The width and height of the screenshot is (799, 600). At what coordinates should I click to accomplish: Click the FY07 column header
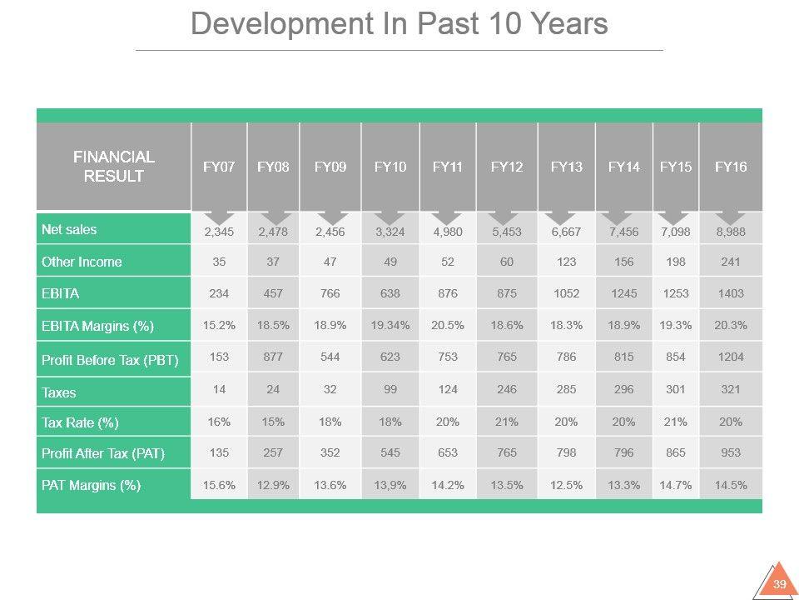[x=219, y=167]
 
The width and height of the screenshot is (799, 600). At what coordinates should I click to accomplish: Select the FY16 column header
[x=731, y=167]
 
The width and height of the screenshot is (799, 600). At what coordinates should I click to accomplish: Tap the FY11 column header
[x=448, y=167]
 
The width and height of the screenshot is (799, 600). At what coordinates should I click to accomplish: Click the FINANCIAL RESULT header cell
[x=114, y=167]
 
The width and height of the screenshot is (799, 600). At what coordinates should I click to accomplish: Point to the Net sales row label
[x=69, y=229]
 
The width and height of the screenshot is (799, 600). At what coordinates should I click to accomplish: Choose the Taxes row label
[x=58, y=392]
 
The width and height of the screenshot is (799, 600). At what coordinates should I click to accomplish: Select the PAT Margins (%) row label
[x=91, y=485]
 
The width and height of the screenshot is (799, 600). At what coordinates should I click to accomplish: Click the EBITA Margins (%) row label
[x=97, y=325]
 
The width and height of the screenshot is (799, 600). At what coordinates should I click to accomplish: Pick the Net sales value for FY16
[x=731, y=231]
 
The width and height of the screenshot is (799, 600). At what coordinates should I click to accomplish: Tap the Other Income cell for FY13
[x=567, y=262]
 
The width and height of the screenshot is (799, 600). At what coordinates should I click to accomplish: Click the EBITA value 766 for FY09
[x=330, y=293]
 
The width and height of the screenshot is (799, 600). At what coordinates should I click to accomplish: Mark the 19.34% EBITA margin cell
[x=390, y=325]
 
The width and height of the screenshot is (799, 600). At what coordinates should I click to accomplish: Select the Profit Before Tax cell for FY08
[x=273, y=357]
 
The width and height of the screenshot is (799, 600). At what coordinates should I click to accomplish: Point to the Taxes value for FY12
[x=507, y=389]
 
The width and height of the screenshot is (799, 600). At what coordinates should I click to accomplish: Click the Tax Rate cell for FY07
[x=219, y=422]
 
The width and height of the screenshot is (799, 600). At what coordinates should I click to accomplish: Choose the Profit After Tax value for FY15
[x=676, y=453]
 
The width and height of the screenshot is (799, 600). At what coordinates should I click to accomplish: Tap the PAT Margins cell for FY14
[x=624, y=485]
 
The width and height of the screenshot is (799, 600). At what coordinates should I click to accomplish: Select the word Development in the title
[x=275, y=24]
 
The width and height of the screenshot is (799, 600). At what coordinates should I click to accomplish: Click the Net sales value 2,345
[x=219, y=231]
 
